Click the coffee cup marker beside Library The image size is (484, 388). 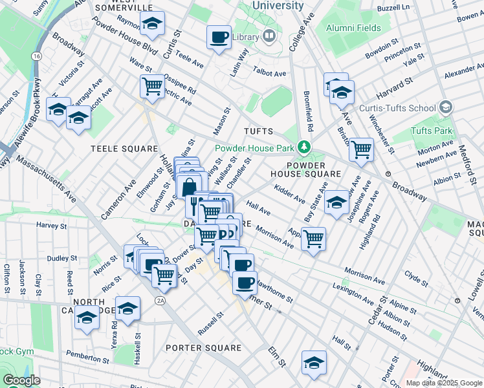[x=219, y=36]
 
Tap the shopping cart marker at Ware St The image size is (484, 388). [x=152, y=85]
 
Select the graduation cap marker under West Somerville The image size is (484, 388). [x=152, y=24]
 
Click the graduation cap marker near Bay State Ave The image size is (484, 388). [x=336, y=202]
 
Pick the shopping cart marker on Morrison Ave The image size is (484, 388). [x=313, y=238]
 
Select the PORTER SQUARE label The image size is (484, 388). [x=203, y=348]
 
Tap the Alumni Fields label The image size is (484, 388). [x=353, y=28]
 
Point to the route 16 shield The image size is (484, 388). [x=38, y=57]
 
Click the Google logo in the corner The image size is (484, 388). [x=21, y=380]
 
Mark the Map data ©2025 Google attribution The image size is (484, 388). [x=443, y=383]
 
